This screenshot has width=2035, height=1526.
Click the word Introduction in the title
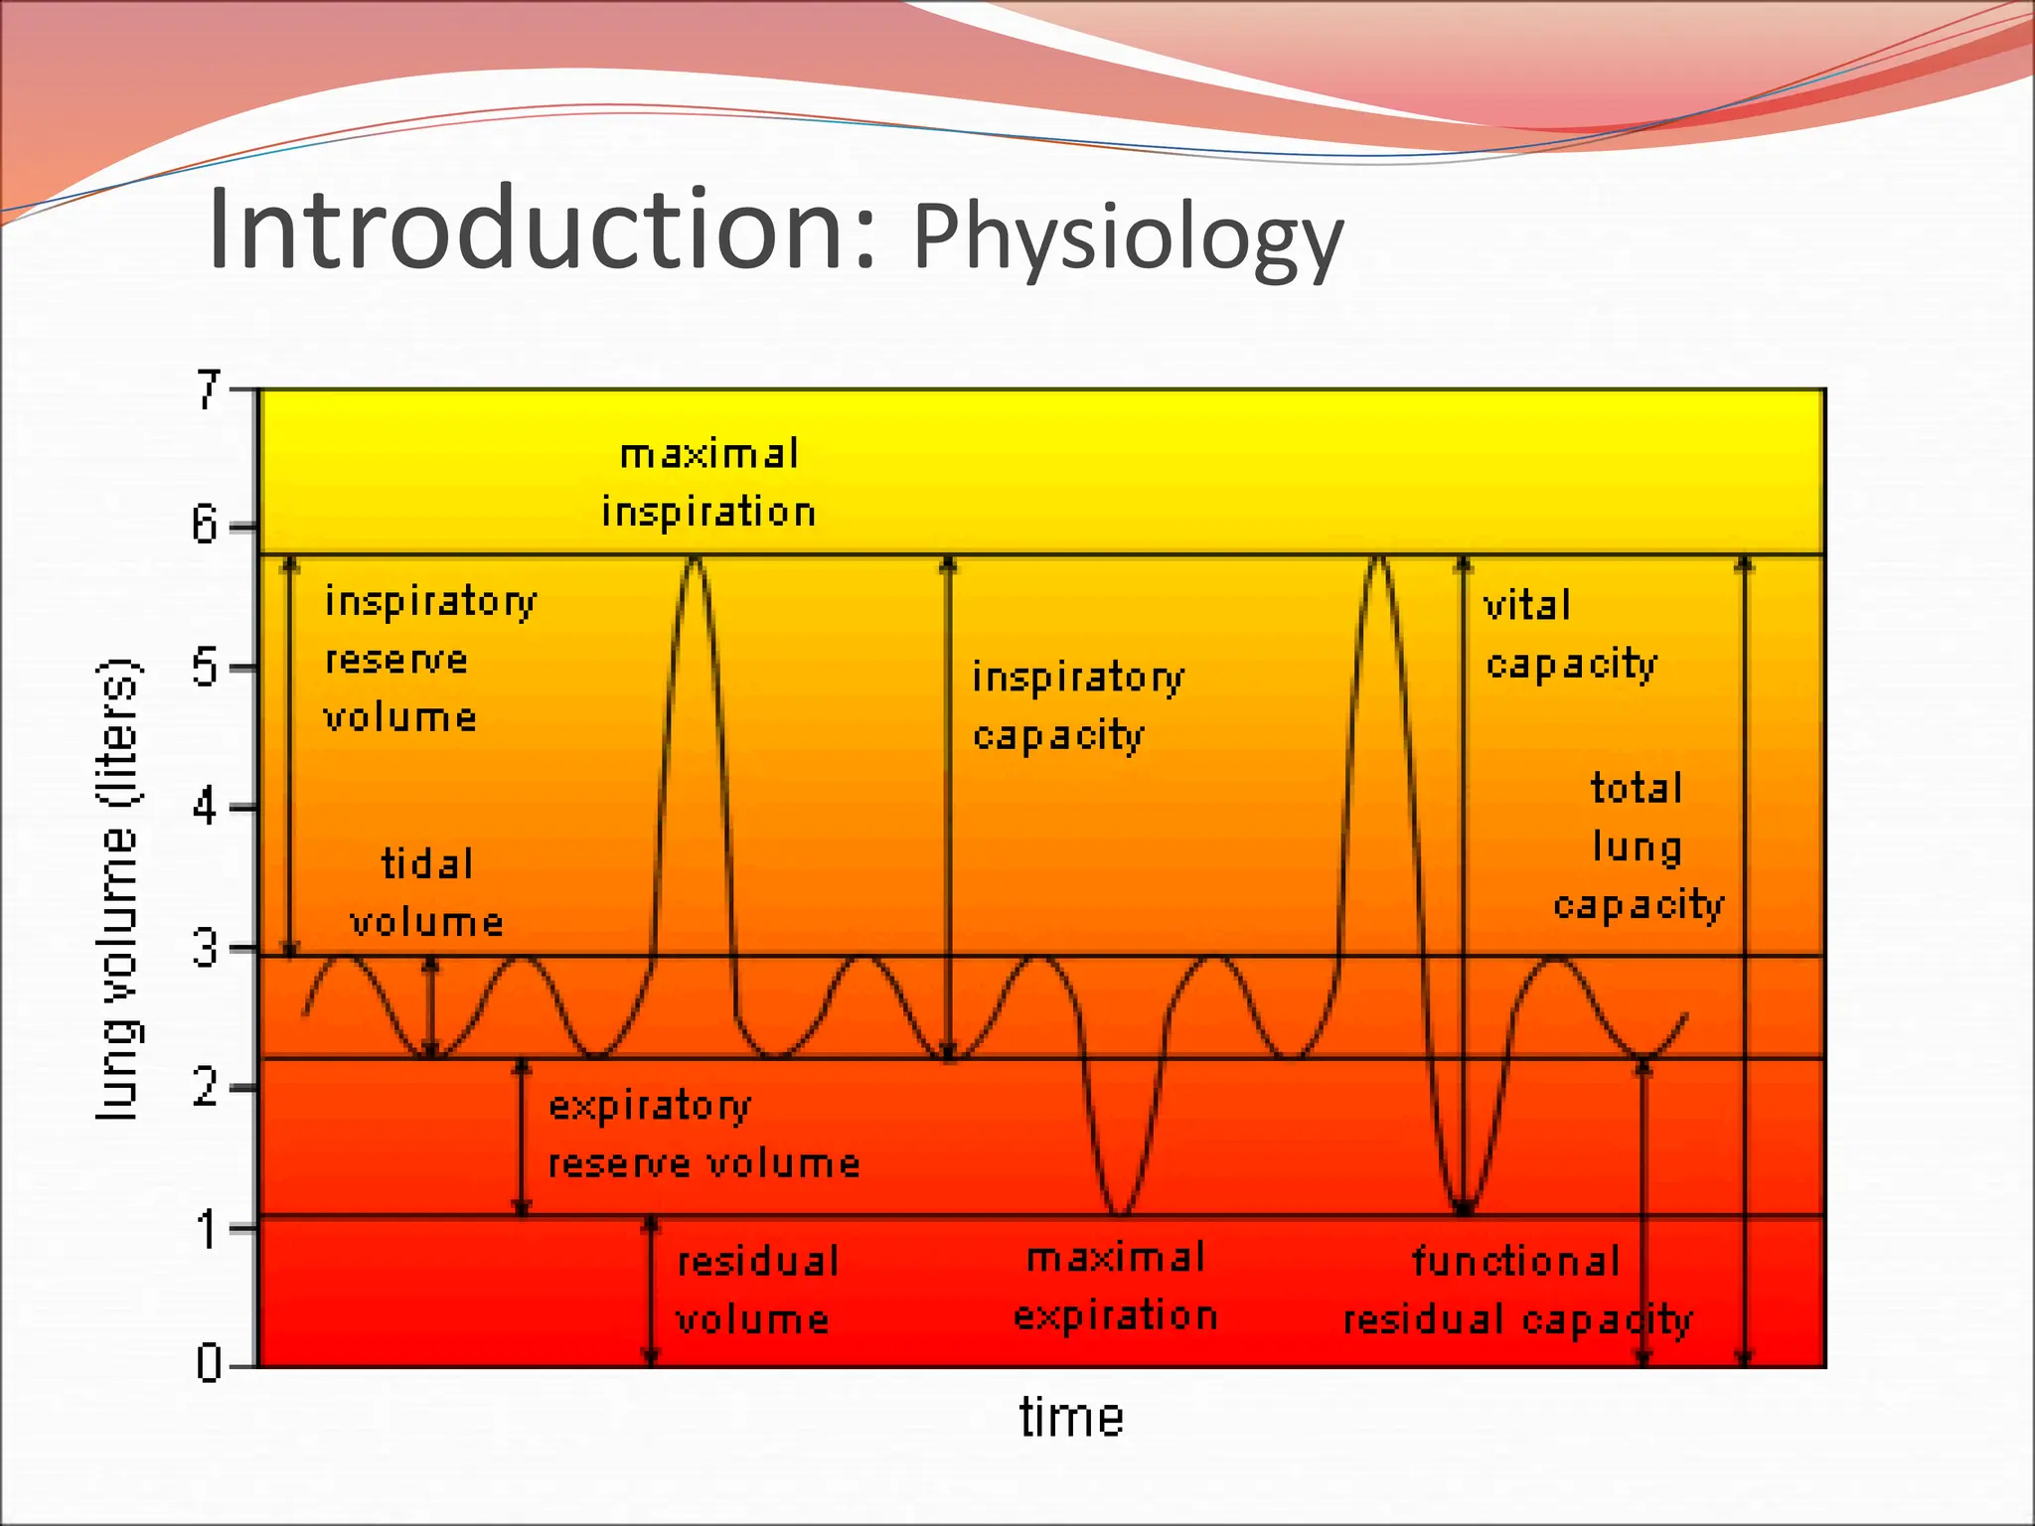click(x=542, y=230)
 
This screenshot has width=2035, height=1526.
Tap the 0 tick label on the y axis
click(x=209, y=1363)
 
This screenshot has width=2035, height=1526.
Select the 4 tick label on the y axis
click(x=206, y=808)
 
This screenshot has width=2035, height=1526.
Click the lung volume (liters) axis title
click(x=119, y=889)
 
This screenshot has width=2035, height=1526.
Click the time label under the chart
click(x=1071, y=1417)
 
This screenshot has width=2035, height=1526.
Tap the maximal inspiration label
click(x=708, y=483)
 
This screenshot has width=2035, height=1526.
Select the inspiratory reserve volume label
click(x=429, y=659)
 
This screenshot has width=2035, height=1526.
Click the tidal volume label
click(x=427, y=892)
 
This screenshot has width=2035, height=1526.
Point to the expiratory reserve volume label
click(x=703, y=1134)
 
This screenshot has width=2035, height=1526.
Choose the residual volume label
click(x=756, y=1290)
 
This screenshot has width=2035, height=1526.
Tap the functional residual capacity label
click(x=1517, y=1290)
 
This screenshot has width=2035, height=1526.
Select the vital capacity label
click(x=1570, y=634)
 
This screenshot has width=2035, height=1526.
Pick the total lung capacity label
click(x=1639, y=845)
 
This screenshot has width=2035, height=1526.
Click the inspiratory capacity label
click(x=1077, y=705)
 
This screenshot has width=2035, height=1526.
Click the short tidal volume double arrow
click(x=430, y=1006)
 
